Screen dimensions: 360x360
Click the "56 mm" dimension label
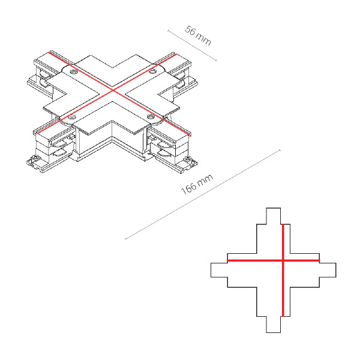coord(197,36)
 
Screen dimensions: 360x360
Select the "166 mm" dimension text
coord(197,184)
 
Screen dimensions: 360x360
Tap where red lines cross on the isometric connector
coord(113,91)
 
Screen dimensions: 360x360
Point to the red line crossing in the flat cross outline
coord(283,260)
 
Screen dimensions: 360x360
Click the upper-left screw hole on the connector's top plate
coord(74,73)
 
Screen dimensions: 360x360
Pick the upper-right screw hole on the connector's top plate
coord(152,71)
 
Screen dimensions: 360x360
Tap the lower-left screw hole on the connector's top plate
coord(71,118)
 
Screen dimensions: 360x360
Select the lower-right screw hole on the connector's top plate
coord(151,116)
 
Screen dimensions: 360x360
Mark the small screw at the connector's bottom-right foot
coord(188,158)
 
